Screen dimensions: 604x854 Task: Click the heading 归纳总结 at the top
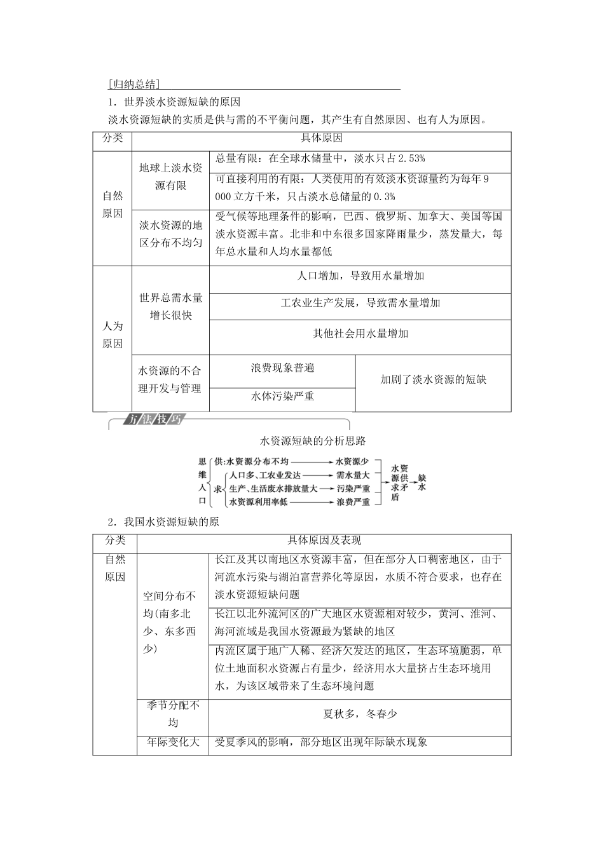pyautogui.click(x=134, y=84)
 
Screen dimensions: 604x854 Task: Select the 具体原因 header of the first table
pyautogui.click(x=321, y=139)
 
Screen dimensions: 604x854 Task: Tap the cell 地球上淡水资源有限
pyautogui.click(x=170, y=177)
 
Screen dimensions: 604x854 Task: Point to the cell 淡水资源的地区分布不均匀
pyautogui.click(x=170, y=234)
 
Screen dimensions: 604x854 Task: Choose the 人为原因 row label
pyautogui.click(x=113, y=335)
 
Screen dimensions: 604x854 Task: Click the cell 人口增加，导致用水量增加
pyautogui.click(x=360, y=276)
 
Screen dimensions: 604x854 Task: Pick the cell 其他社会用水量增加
pyautogui.click(x=360, y=334)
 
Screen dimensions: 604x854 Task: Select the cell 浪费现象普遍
pyautogui.click(x=282, y=368)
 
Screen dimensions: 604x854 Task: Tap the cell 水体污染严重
pyautogui.click(x=282, y=396)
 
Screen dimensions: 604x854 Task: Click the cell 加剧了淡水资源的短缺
pyautogui.click(x=433, y=380)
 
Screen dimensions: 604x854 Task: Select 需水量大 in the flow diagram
pyautogui.click(x=353, y=475)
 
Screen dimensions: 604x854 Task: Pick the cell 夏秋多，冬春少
pyautogui.click(x=360, y=714)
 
